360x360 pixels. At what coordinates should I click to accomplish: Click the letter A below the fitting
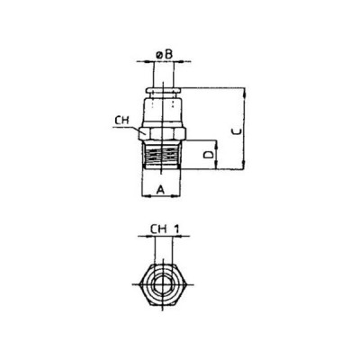click(160, 189)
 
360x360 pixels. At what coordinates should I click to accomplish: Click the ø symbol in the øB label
click(158, 56)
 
